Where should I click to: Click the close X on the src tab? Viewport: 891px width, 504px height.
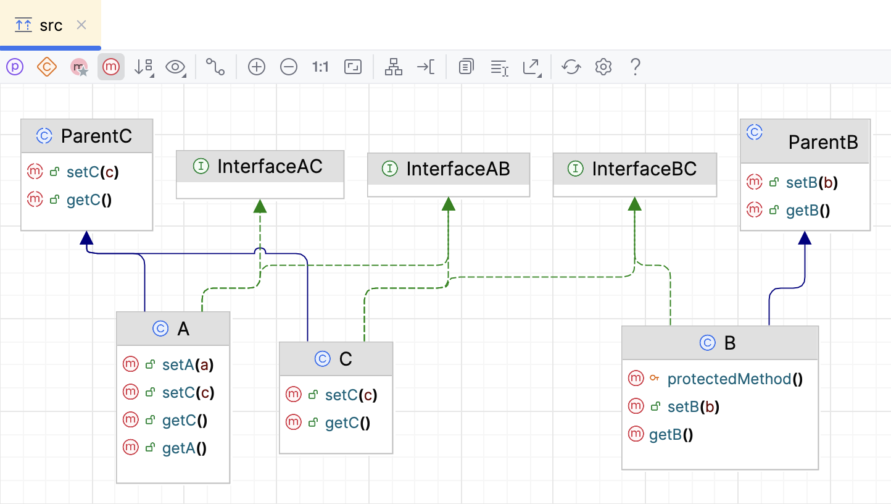81,25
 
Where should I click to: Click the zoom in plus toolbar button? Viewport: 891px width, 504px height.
257,67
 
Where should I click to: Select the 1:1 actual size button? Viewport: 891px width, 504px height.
320,67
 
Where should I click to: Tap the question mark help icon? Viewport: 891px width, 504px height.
635,67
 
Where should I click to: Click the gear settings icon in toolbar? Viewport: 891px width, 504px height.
603,67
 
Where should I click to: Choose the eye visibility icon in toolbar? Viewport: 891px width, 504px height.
175,67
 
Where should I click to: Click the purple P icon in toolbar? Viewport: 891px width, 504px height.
14,67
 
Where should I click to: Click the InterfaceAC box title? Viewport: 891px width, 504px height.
270,167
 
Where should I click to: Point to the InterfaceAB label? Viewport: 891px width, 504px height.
458,169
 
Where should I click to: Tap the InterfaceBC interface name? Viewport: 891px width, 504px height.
644,169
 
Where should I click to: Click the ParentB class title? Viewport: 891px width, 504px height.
823,143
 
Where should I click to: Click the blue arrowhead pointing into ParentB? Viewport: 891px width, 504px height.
804,238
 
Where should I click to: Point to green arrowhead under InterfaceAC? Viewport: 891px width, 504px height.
260,206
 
